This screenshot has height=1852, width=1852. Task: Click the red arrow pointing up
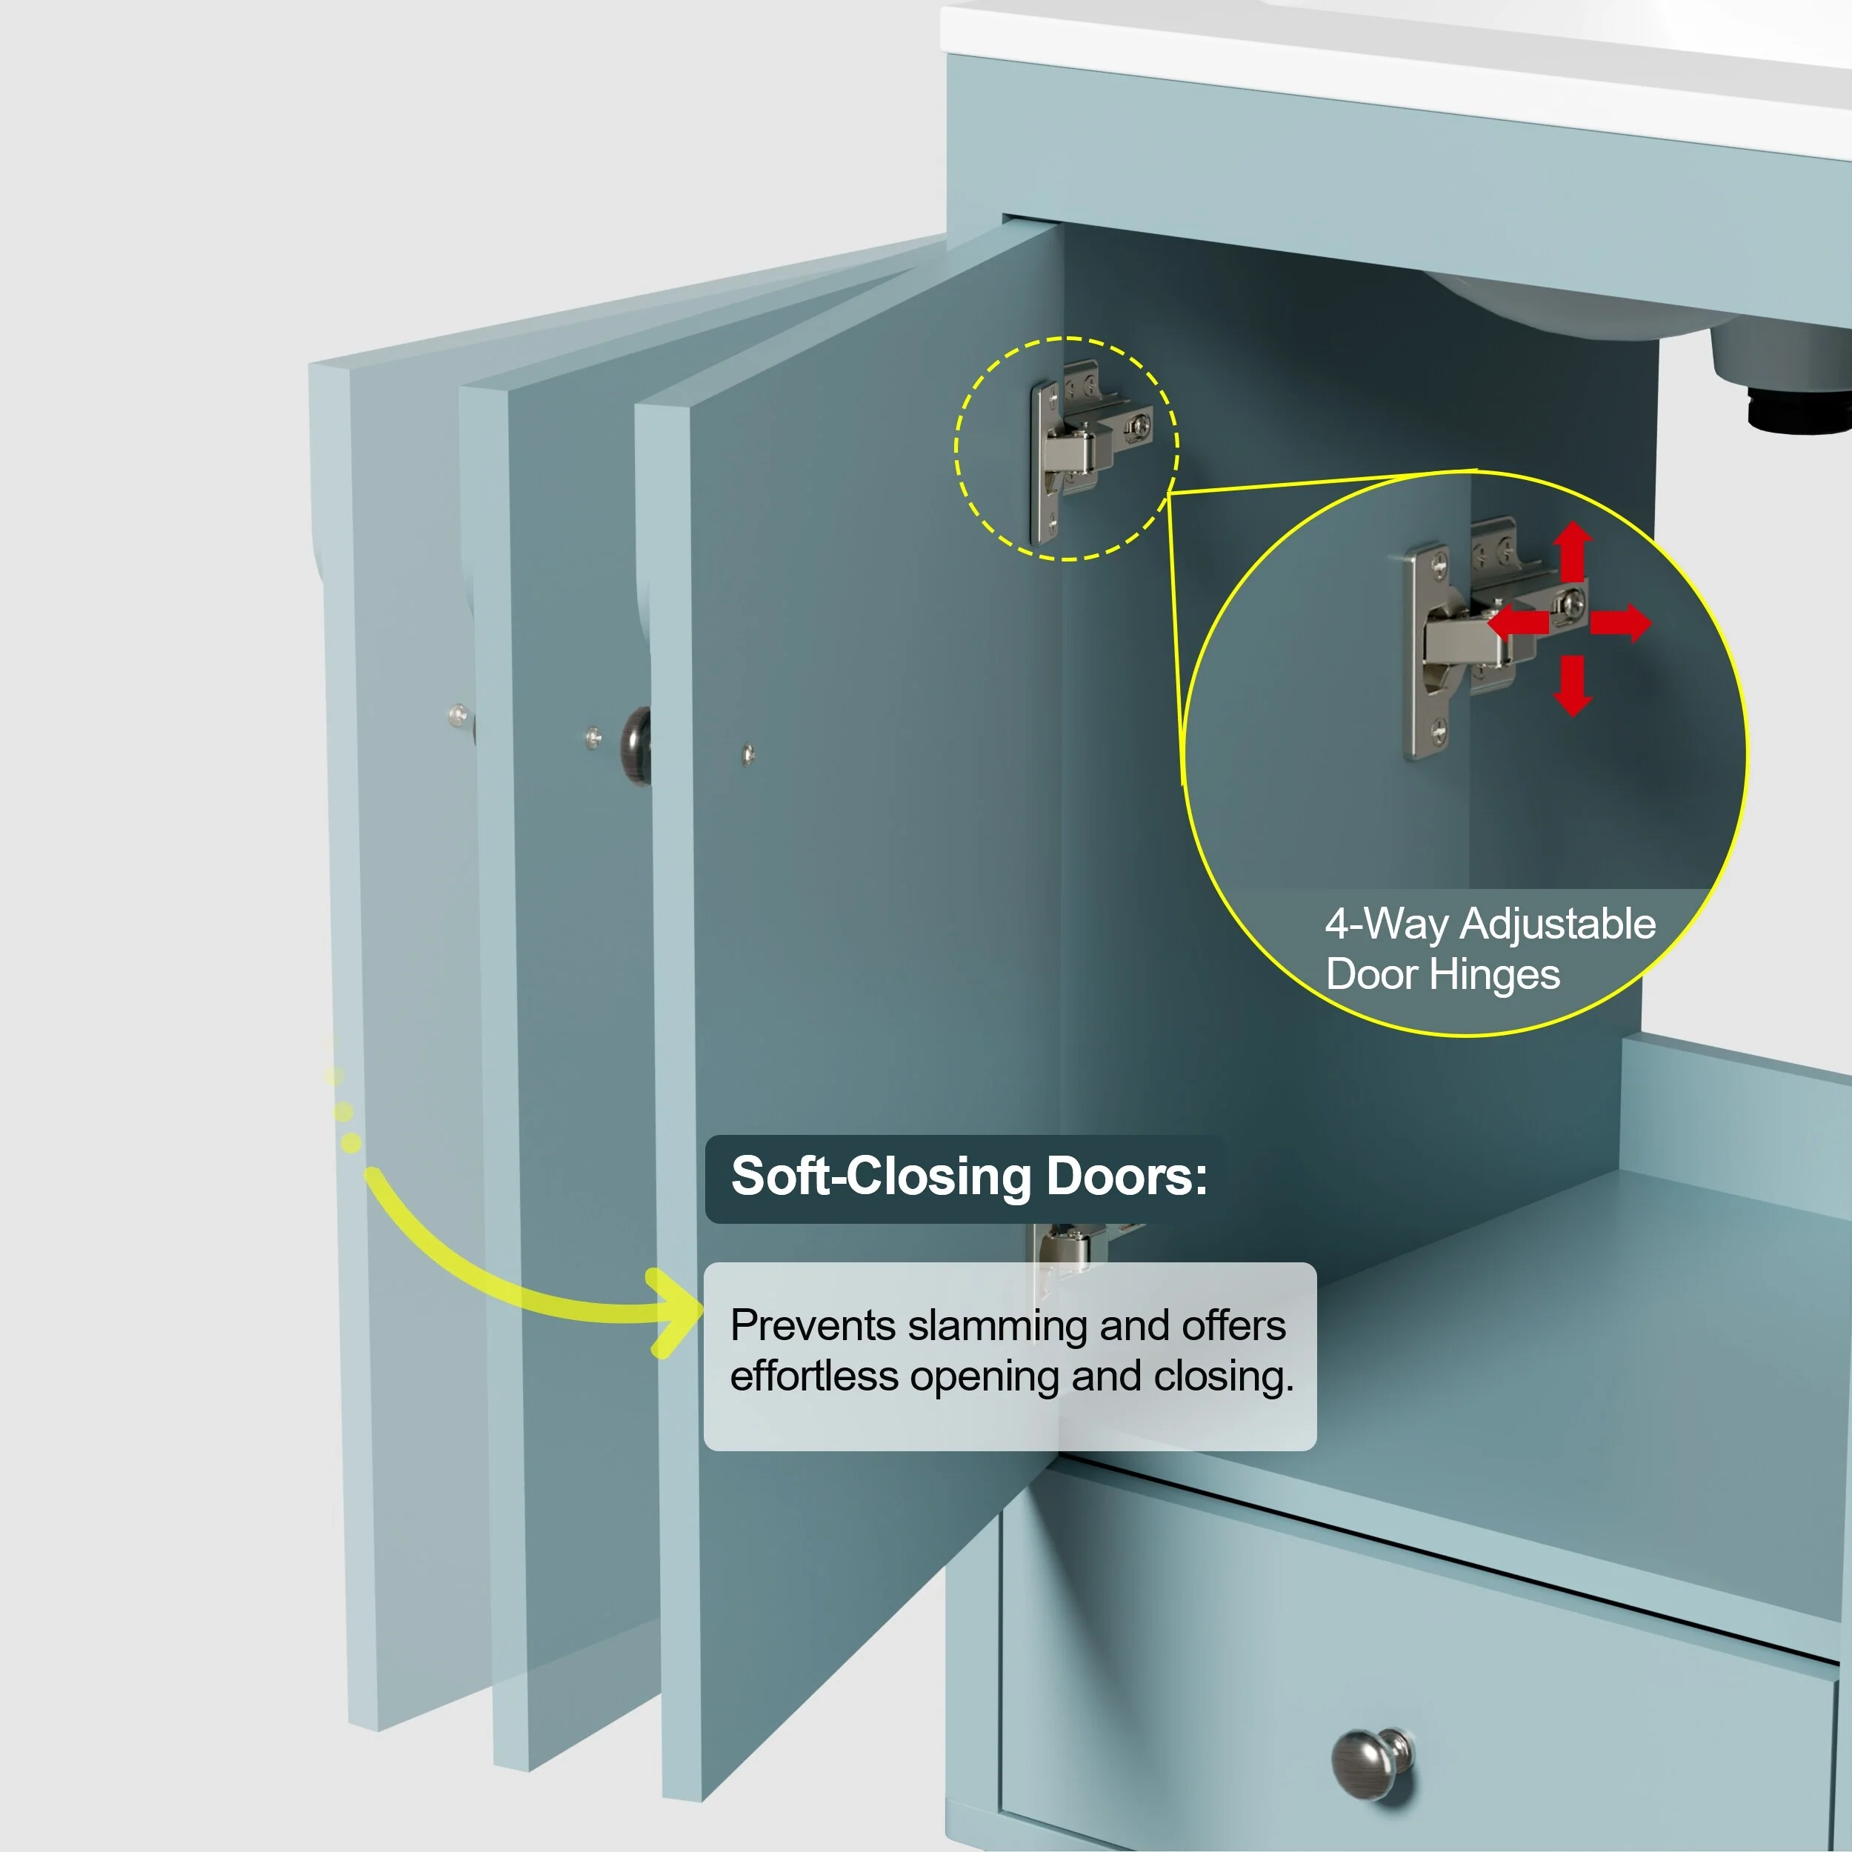tap(1572, 551)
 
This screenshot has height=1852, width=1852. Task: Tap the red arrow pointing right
tap(1621, 622)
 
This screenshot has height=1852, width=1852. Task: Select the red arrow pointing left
tap(1519, 622)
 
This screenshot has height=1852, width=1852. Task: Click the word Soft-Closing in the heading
tap(881, 1176)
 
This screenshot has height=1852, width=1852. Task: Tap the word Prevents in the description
tap(813, 1326)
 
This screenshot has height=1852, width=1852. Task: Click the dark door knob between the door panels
tap(635, 744)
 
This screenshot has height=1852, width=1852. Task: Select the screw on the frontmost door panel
tap(747, 754)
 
